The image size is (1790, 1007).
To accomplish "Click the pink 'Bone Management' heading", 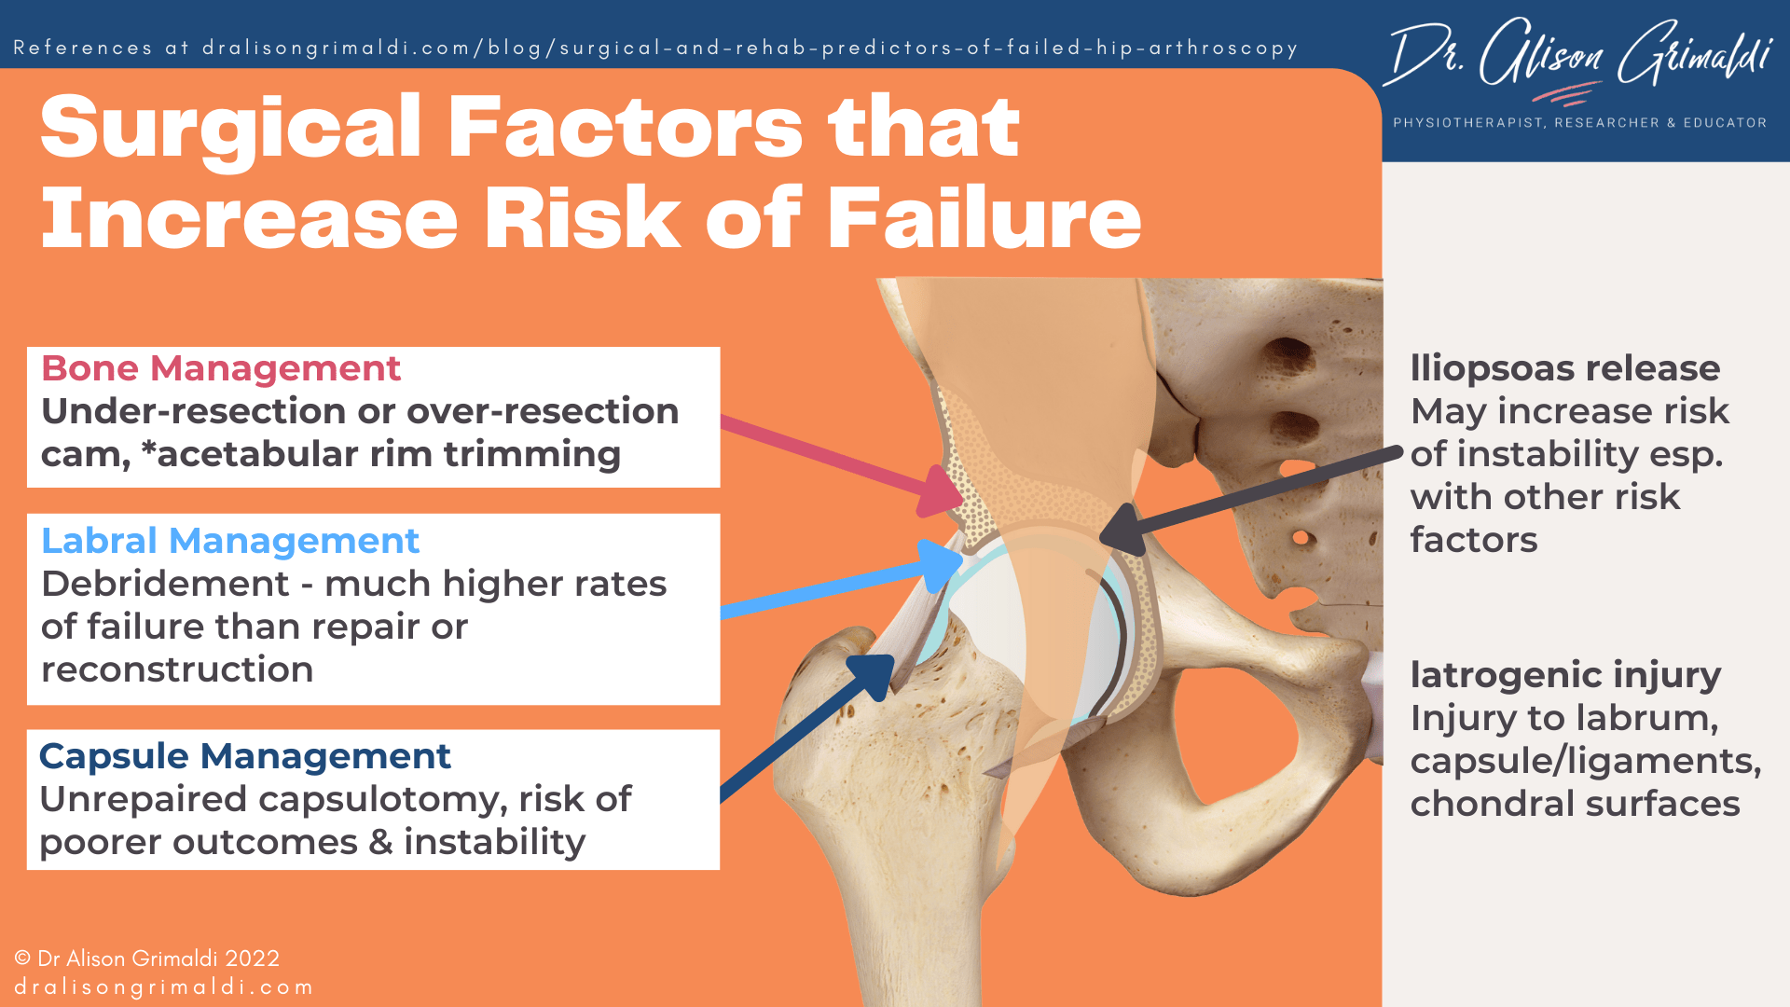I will click(x=221, y=369).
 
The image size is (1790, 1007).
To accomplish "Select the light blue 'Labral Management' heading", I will click(x=230, y=542).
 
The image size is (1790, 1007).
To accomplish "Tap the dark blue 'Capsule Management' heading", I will click(x=245, y=757).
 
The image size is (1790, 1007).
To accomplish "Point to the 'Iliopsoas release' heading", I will click(x=1564, y=369).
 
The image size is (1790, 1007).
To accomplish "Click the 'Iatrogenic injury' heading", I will click(x=1565, y=675).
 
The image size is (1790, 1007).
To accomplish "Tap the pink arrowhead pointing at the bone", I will click(x=942, y=491).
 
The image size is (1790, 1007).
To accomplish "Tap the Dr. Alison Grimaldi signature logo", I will click(x=1580, y=58).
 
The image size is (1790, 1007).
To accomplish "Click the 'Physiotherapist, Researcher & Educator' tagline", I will click(x=1579, y=123).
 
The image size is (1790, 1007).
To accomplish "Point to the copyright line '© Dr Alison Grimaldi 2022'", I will click(x=147, y=959).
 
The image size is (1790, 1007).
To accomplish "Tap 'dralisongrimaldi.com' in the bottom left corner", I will click(x=164, y=987).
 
